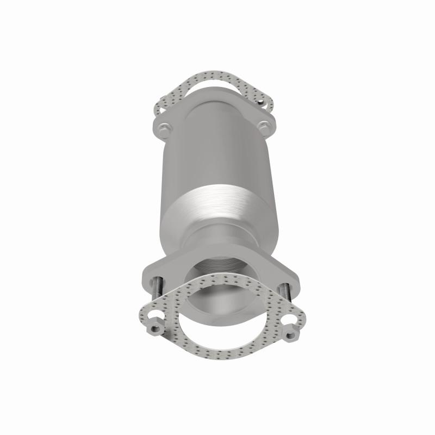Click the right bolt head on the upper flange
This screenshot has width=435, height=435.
tap(264, 128)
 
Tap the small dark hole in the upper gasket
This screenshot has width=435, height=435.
tap(262, 101)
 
